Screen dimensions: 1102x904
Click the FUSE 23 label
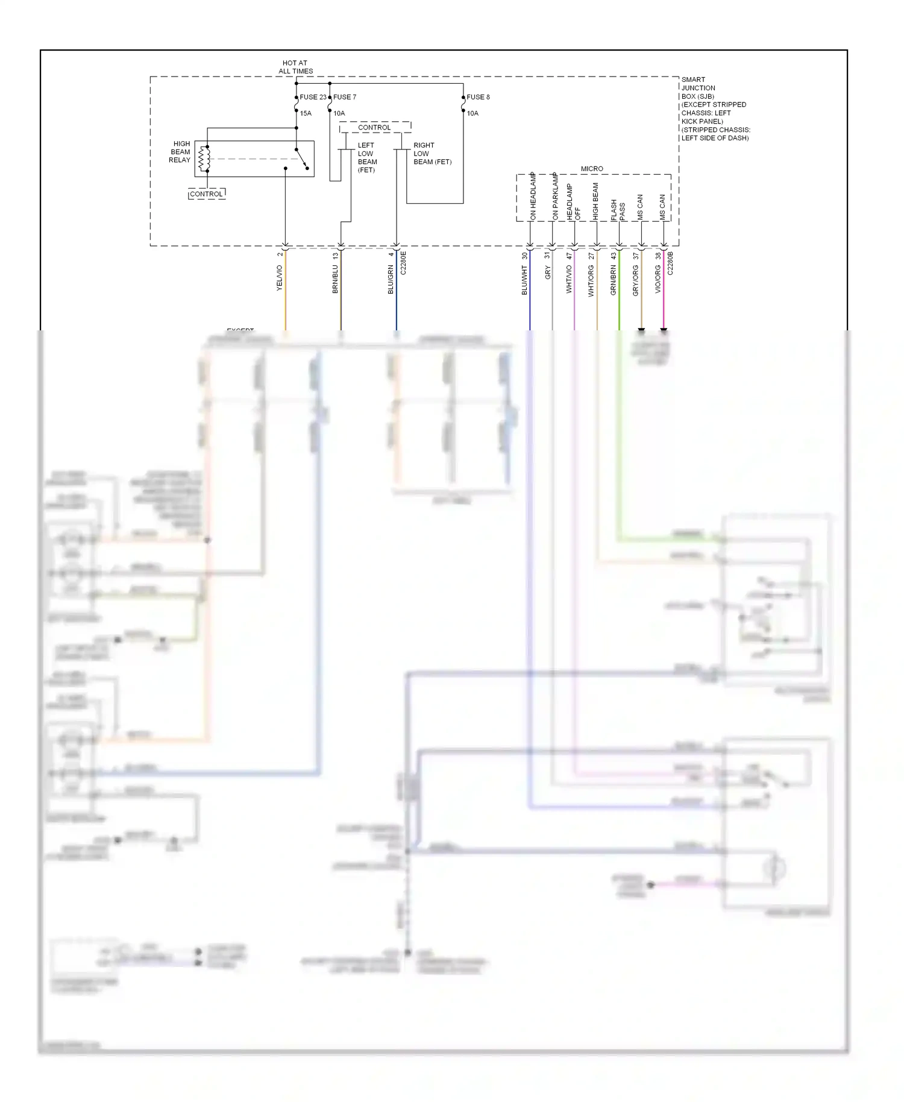click(x=313, y=97)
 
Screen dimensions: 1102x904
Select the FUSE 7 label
click(x=345, y=97)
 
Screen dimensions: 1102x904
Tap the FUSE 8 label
click(x=478, y=97)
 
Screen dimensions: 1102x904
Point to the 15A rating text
click(x=306, y=113)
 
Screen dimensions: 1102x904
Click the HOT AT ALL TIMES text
click(x=295, y=67)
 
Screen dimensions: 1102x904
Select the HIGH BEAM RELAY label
click(x=180, y=152)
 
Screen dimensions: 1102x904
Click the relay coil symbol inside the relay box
click(x=205, y=159)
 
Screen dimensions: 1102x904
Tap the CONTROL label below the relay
click(x=206, y=194)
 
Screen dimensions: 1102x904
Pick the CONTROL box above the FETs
click(x=374, y=128)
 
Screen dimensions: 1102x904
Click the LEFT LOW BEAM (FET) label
click(x=367, y=157)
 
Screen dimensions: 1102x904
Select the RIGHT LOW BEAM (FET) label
click(x=432, y=154)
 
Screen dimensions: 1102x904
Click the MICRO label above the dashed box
click(x=592, y=169)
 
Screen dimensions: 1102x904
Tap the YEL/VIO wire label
click(x=279, y=278)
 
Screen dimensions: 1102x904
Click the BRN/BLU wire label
click(x=335, y=279)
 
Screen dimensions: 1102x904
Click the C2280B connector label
click(x=671, y=263)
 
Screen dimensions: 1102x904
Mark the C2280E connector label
click(x=403, y=263)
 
